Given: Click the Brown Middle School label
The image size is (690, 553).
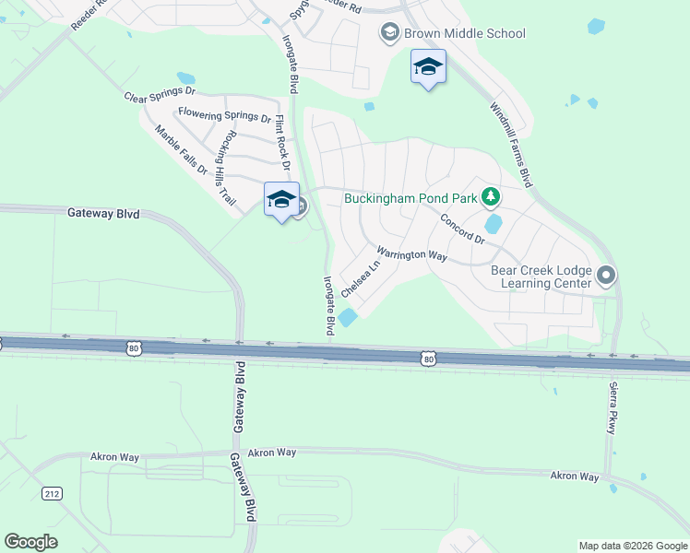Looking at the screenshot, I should tap(464, 33).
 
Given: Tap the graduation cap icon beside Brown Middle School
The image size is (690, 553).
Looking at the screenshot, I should tap(389, 33).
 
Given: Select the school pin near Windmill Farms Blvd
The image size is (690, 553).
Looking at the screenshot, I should tap(428, 67).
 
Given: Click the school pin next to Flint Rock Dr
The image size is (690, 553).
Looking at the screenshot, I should tap(281, 199).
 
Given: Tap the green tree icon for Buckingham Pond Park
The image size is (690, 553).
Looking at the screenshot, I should tap(492, 196).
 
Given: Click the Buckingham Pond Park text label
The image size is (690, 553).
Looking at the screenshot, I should tap(412, 197).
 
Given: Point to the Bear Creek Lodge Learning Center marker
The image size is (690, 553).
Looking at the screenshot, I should tap(606, 274).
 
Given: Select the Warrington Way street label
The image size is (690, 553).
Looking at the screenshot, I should tap(411, 253).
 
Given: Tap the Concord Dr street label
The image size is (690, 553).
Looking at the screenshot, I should tap(462, 229).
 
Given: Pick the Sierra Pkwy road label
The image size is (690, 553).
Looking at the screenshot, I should tap(612, 408).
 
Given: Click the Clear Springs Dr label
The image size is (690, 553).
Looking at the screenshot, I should tap(160, 95).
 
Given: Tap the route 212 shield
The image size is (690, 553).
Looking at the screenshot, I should tap(50, 494).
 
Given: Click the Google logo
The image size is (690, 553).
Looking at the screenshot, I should tap(30, 542).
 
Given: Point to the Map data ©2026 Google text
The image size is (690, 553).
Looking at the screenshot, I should tap(633, 546).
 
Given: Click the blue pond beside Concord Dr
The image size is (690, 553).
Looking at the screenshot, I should tap(493, 223).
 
